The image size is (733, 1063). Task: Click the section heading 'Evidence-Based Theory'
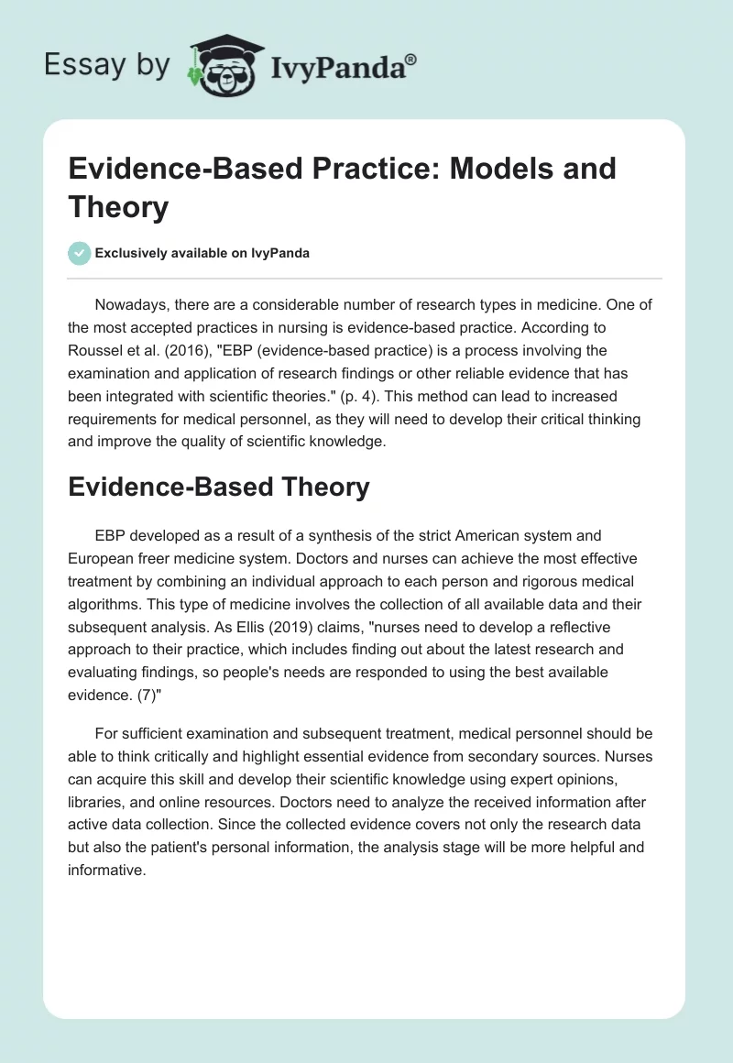219,488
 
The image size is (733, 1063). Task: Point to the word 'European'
102,558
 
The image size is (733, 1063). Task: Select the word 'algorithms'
109,604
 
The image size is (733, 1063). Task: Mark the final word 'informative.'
107,871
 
